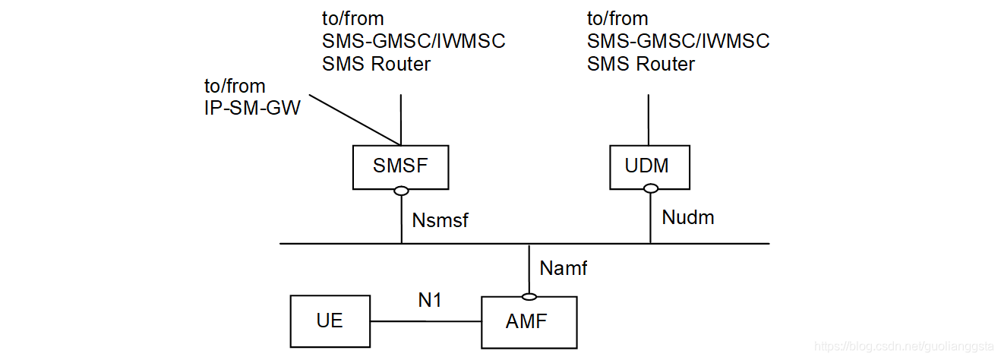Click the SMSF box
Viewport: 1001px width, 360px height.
point(400,166)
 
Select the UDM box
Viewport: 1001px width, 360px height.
point(649,166)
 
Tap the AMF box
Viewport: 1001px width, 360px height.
point(529,321)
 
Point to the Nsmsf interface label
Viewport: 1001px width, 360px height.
point(441,221)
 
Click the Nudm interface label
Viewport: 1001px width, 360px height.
point(688,218)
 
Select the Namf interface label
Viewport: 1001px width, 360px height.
point(564,267)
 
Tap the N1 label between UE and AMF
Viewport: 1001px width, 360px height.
point(430,300)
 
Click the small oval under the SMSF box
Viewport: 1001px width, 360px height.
point(401,191)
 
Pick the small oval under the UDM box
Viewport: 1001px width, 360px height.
point(650,191)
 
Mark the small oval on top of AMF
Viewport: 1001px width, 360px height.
point(529,295)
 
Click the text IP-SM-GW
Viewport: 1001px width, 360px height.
point(253,109)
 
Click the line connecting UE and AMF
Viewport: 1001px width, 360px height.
point(425,321)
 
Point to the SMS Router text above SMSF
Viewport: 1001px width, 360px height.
point(376,65)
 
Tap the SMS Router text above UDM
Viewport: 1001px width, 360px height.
point(640,65)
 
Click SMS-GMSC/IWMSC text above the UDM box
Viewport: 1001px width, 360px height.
point(678,41)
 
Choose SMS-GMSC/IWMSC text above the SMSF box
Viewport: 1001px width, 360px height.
point(414,41)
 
